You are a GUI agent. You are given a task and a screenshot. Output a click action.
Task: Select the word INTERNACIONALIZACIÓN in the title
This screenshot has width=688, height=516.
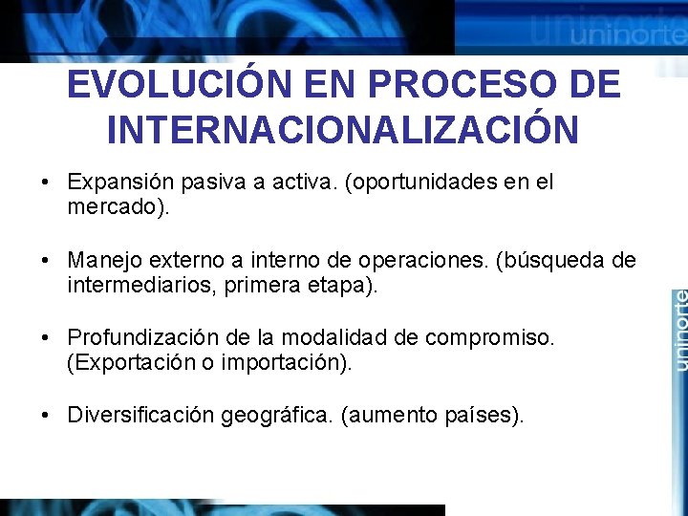pyautogui.click(x=343, y=130)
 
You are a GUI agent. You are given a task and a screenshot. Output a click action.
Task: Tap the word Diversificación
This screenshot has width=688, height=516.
pyautogui.click(x=140, y=416)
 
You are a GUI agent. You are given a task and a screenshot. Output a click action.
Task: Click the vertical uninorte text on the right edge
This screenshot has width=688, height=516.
pyautogui.click(x=678, y=330)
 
